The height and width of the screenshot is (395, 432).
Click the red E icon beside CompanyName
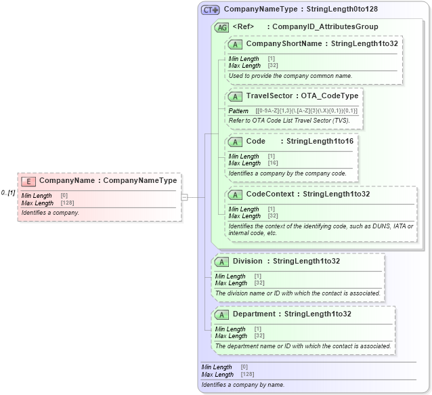tap(28, 181)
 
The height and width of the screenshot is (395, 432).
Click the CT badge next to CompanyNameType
tap(211, 10)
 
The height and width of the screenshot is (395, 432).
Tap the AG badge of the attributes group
tap(221, 27)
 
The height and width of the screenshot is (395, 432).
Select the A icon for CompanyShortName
tap(235, 44)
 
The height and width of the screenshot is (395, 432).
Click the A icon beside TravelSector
tap(235, 96)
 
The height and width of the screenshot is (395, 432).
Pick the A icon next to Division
tap(221, 262)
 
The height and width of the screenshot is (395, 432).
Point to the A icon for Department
tap(221, 314)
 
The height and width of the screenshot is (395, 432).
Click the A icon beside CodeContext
tap(235, 194)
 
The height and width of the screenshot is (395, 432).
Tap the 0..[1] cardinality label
tap(8, 193)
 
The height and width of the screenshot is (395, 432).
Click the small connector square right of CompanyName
tap(184, 197)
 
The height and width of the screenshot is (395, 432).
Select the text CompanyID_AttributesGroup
tap(325, 27)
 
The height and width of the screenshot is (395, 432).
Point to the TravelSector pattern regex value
tap(306, 110)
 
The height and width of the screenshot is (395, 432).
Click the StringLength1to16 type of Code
tap(320, 142)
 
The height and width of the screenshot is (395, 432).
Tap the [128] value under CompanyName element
tap(67, 203)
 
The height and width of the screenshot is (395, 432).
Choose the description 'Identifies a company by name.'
tap(242, 385)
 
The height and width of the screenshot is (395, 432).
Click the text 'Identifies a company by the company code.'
tap(288, 173)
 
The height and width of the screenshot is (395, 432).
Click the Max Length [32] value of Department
tap(259, 336)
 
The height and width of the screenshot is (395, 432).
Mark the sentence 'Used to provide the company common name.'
tap(290, 76)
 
